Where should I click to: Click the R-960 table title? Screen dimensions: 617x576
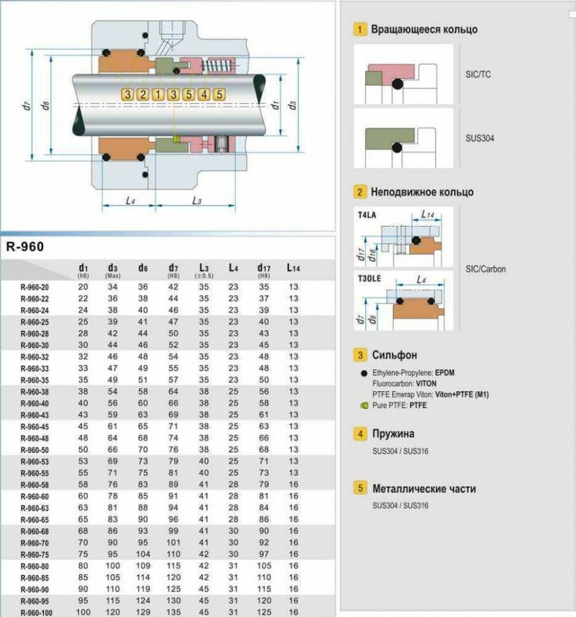[25, 247]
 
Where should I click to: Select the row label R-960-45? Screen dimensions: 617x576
[36, 426]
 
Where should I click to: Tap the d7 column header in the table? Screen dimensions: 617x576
[173, 269]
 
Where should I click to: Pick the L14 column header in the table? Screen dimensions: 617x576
[292, 268]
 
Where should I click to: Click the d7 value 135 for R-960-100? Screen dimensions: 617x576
[173, 612]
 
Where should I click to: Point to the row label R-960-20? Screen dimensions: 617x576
[36, 287]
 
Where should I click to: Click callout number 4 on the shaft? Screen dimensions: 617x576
[204, 95]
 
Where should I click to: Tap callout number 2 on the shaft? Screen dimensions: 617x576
[143, 95]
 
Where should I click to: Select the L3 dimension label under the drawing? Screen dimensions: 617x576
[196, 201]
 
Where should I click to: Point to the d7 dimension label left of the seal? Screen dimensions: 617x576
[27, 106]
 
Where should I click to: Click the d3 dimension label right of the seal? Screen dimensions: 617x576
[292, 105]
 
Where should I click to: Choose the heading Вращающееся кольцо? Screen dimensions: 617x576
[424, 29]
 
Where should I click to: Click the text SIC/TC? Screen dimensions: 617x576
[478, 74]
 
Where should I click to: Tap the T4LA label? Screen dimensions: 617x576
[367, 215]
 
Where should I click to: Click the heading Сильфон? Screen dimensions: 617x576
[394, 355]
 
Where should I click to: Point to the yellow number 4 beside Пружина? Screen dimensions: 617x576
[360, 434]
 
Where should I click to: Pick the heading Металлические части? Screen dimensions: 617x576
[423, 489]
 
